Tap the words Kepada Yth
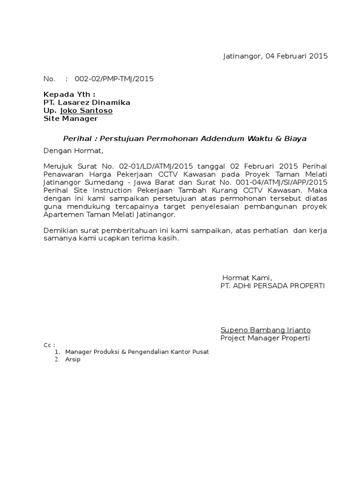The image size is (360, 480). click(69, 95)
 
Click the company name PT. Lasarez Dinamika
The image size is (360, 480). click(87, 103)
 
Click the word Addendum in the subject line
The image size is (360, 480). click(222, 139)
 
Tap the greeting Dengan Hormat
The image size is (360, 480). click(72, 151)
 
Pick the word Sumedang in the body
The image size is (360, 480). click(101, 183)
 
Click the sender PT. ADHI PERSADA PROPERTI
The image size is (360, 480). click(272, 285)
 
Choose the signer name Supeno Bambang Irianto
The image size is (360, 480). click(265, 330)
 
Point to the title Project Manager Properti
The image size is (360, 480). click(265, 338)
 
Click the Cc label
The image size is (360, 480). click(49, 345)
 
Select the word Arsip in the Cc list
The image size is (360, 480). click(73, 360)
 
